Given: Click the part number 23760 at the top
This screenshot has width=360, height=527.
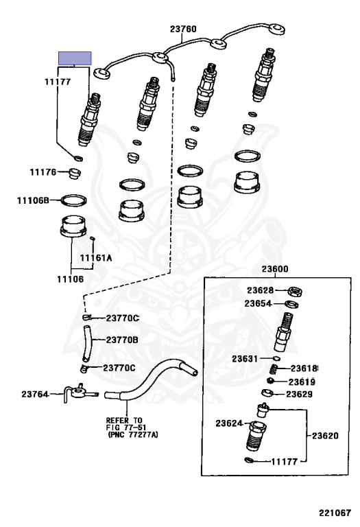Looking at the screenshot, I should click(x=183, y=29).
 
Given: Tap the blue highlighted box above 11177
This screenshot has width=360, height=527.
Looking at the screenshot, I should click(x=75, y=58).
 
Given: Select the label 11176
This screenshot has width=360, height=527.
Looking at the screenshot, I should click(x=43, y=172).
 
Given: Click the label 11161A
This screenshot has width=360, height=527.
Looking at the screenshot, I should click(x=95, y=258).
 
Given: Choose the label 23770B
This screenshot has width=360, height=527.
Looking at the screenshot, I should click(x=122, y=339).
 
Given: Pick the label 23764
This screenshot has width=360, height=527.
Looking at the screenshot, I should click(x=34, y=394).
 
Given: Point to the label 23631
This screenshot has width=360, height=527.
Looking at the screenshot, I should click(x=245, y=358).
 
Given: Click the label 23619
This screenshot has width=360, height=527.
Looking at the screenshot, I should click(x=302, y=381).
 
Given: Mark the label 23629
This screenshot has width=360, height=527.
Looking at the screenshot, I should click(x=300, y=394).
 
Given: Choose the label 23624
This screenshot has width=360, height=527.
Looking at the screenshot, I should click(x=230, y=423).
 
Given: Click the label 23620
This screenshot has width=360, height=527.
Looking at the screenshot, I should click(x=326, y=435).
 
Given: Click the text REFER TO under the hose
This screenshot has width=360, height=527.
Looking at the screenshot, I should click(x=123, y=420).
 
